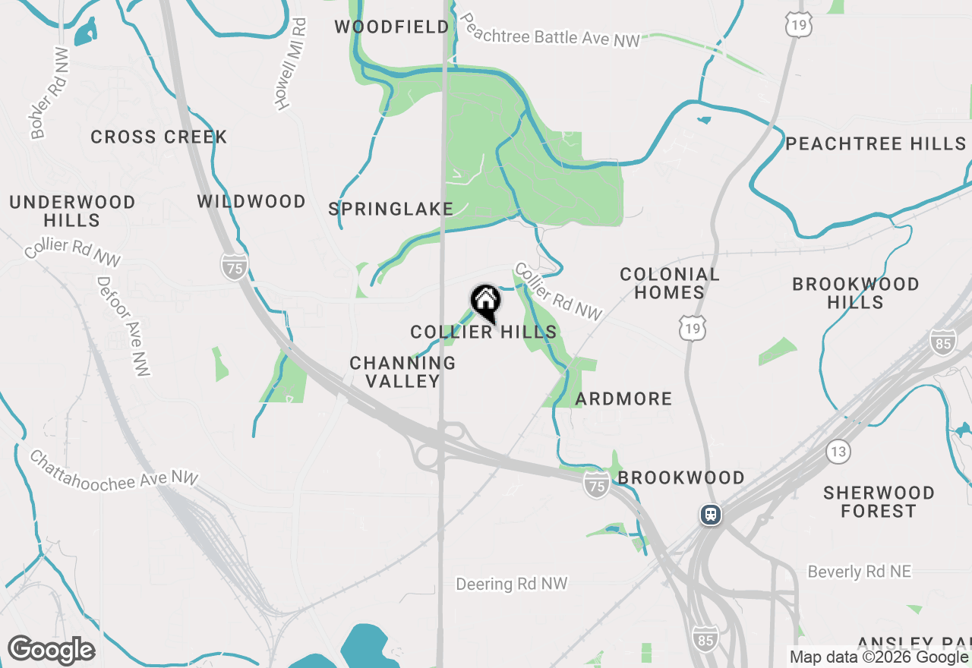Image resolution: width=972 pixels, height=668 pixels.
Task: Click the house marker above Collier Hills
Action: [485, 302]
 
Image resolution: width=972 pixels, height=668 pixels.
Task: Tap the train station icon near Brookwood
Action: [711, 515]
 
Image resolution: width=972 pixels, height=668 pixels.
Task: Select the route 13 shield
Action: [838, 452]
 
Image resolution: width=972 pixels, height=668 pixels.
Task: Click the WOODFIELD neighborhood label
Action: [392, 27]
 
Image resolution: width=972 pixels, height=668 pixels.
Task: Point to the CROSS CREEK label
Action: [159, 137]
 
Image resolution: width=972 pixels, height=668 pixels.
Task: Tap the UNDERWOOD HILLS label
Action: [72, 211]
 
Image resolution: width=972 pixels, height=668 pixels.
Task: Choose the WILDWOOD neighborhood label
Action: [251, 202]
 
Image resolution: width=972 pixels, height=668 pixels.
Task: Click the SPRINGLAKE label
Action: [391, 210]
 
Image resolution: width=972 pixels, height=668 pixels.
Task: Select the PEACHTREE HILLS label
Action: [876, 144]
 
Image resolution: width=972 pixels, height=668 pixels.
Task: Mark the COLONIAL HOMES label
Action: [669, 283]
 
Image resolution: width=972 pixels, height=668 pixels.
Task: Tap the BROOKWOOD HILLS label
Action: [856, 293]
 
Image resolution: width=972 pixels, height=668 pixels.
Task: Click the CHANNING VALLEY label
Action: [402, 372]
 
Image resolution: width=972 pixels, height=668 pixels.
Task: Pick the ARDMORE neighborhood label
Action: [623, 399]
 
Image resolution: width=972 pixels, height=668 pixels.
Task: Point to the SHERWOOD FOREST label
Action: [879, 502]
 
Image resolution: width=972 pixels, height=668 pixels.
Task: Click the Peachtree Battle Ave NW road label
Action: [551, 30]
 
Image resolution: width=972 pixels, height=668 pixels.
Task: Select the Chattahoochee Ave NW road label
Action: [114, 470]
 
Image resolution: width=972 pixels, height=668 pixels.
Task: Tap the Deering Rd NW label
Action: [512, 584]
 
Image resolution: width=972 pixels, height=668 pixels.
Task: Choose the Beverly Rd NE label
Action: [859, 572]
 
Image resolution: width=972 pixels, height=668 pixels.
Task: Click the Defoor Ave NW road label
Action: [122, 326]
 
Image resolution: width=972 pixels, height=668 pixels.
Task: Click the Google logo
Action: [51, 650]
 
